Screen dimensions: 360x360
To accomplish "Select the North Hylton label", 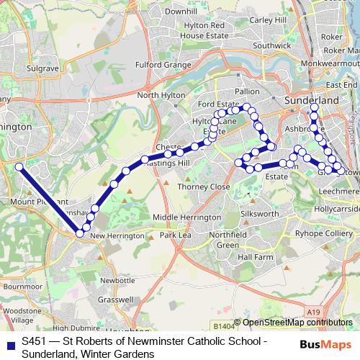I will (x=157, y=95).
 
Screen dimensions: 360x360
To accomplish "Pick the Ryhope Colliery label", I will (x=319, y=235).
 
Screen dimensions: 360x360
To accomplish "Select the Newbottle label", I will (x=117, y=279).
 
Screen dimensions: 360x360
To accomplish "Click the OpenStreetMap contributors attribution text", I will (x=297, y=323).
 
